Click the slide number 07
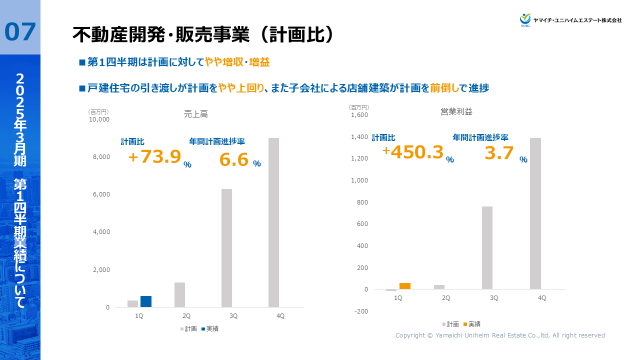[20, 32]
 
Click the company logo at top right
[570, 19]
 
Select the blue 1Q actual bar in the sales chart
[146, 301]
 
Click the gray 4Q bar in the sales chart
[273, 222]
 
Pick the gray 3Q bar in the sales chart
[226, 248]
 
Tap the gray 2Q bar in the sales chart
[179, 294]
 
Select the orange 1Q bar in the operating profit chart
[405, 286]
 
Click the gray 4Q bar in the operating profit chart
[535, 213]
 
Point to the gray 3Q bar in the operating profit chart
[487, 247]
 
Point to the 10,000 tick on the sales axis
[99, 119]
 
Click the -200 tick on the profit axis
[361, 311]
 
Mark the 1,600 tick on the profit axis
[360, 115]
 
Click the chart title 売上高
[196, 114]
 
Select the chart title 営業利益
[460, 111]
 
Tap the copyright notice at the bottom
[500, 335]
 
